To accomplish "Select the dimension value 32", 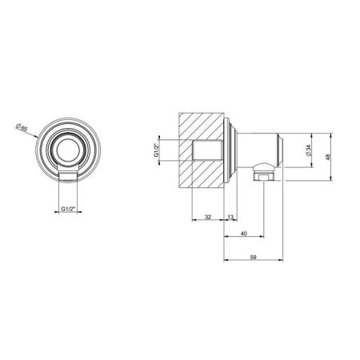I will pos(207,218).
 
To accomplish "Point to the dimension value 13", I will pos(231,218).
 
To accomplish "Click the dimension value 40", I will pos(244,234).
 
